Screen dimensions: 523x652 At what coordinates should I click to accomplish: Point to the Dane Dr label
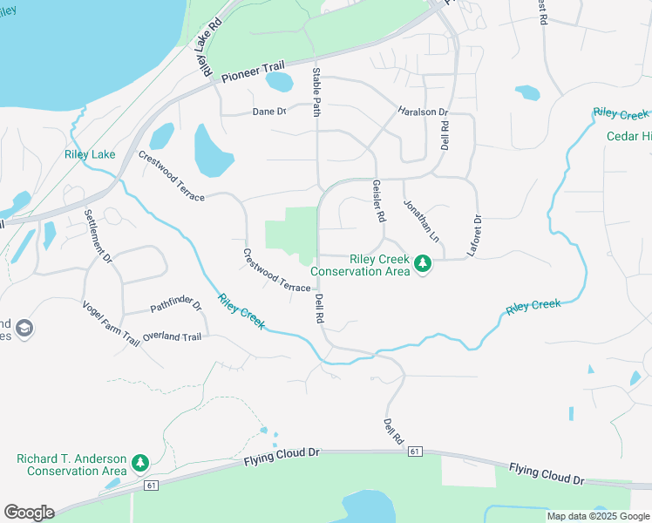point(269,112)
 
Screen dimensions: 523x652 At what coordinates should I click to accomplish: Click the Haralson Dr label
point(422,112)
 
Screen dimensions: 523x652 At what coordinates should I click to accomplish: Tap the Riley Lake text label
point(90,155)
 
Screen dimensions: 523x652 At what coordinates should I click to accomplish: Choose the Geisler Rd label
point(378,201)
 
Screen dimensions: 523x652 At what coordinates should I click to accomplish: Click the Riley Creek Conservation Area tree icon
point(423,262)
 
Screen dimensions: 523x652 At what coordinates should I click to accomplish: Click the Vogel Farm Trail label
point(111,323)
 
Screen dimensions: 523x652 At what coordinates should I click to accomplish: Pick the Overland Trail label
point(172,336)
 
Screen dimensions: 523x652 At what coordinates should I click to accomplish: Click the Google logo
point(29,512)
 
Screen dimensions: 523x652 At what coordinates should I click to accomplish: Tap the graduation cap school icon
point(24,329)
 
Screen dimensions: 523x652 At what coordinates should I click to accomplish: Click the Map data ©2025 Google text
point(598,516)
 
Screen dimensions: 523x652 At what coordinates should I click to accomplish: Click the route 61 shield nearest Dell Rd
point(414,452)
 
